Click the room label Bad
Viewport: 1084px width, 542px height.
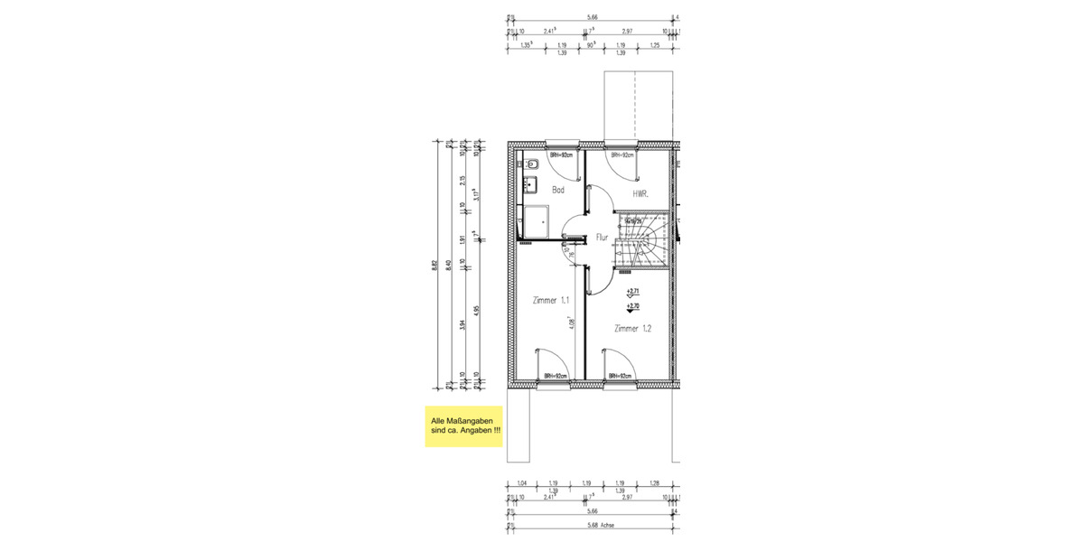tap(558, 190)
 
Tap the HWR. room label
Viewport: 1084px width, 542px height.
tap(640, 193)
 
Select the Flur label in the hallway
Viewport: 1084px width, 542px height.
tap(603, 238)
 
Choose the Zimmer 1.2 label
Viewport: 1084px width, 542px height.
tap(632, 329)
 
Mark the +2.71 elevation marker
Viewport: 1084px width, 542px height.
tap(632, 293)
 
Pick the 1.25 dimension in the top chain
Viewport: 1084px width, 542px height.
tap(654, 43)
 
